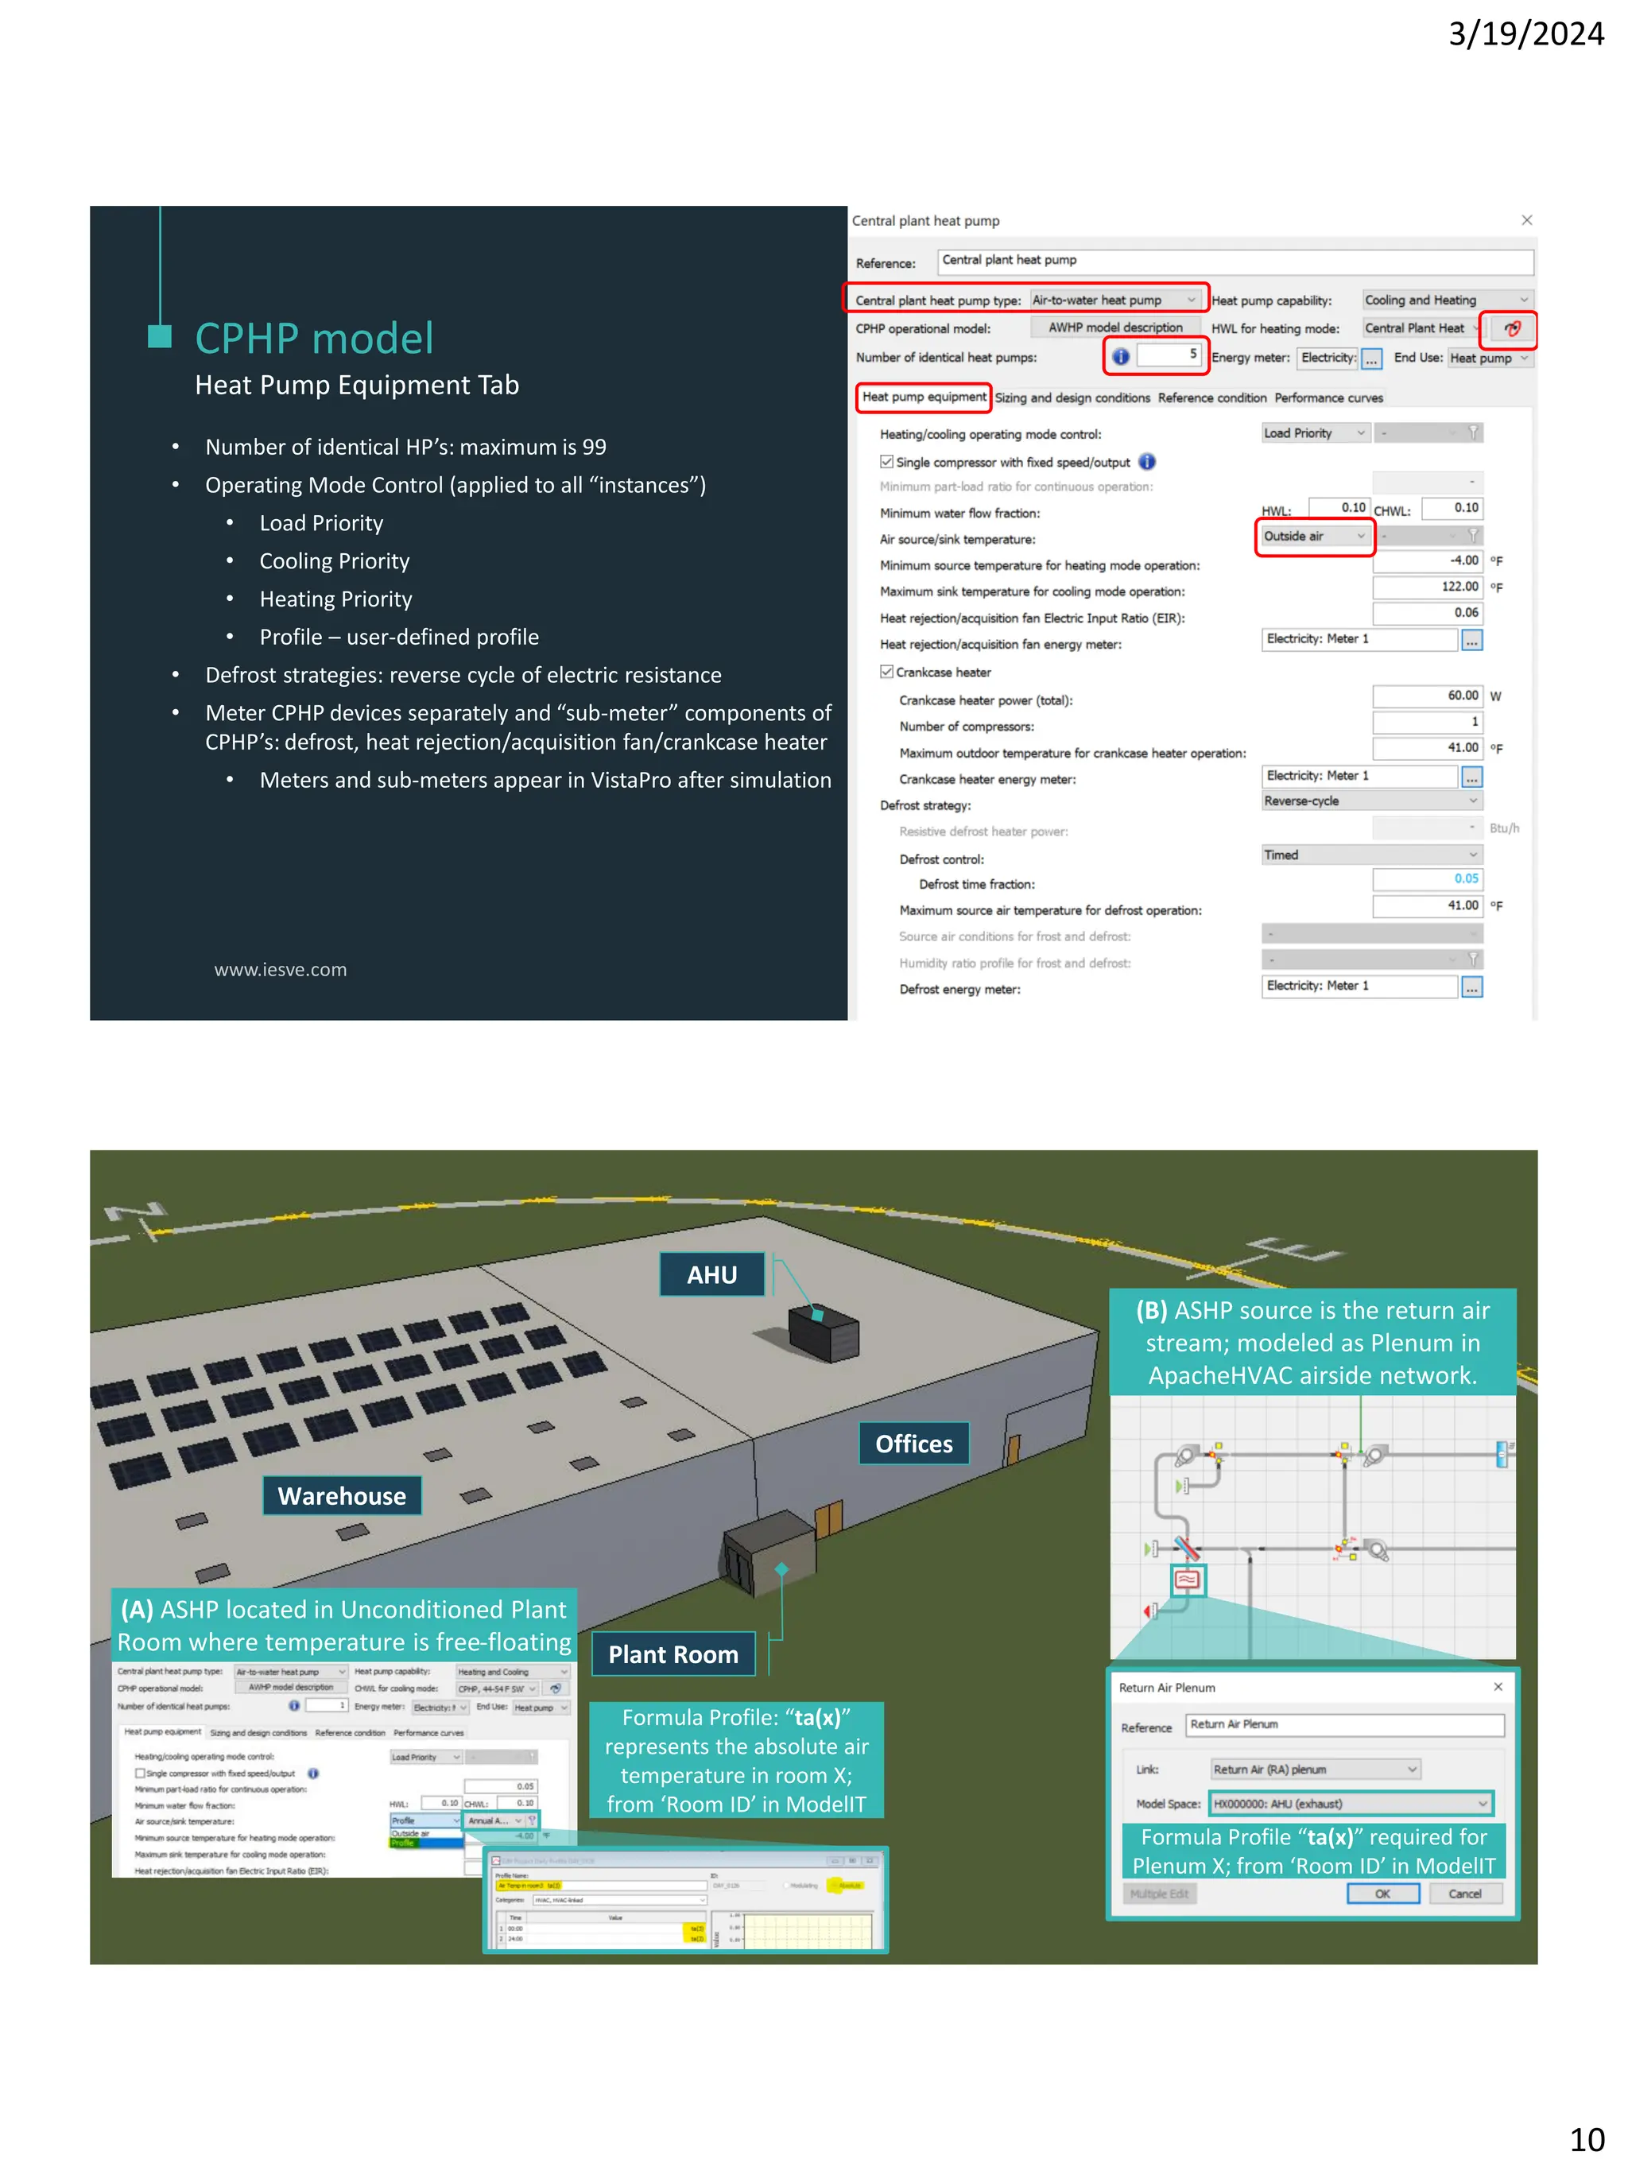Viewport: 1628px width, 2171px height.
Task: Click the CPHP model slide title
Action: click(313, 339)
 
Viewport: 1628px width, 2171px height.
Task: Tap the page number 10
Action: click(1586, 2138)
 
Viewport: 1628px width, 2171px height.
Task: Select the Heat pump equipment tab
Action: click(924, 397)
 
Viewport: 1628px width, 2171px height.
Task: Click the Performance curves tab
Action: click(1328, 398)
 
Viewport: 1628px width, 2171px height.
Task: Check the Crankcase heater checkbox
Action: click(887, 673)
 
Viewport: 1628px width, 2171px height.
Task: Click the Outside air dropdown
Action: click(1314, 537)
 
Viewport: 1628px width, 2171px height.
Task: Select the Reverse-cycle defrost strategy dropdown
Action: click(1370, 802)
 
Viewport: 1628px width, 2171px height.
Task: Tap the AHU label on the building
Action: click(711, 1275)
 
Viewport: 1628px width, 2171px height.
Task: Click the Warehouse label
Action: click(342, 1496)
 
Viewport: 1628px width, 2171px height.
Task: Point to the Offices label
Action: click(913, 1444)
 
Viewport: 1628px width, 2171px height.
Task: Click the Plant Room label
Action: click(673, 1655)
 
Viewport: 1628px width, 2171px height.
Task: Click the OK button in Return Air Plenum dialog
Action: click(1382, 1894)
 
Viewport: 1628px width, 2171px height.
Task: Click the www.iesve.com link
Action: click(281, 970)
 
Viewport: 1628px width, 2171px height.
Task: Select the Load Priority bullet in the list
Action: click(321, 523)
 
